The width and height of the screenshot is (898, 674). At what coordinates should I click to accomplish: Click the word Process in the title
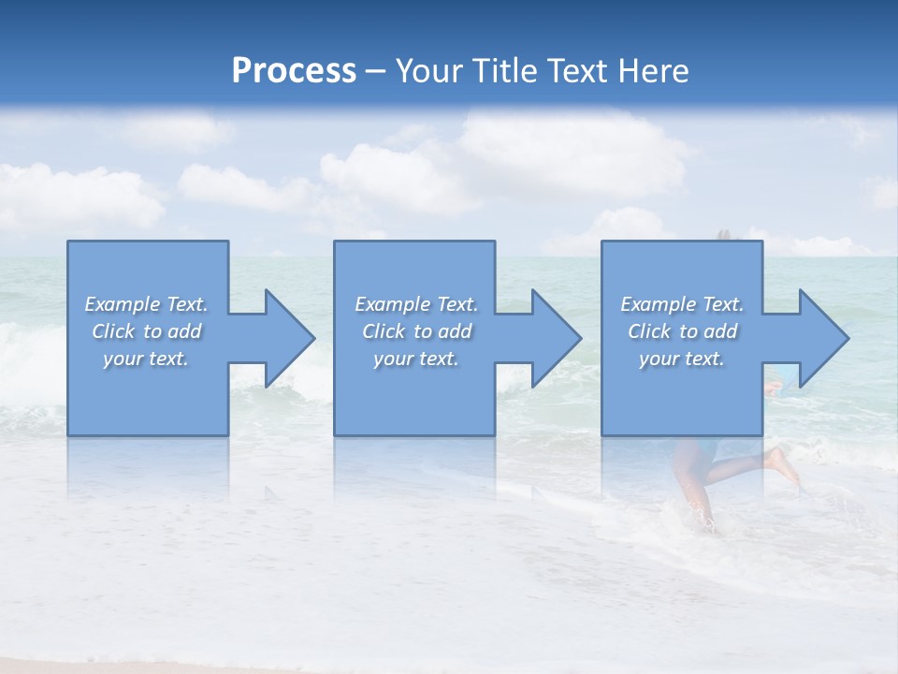click(294, 71)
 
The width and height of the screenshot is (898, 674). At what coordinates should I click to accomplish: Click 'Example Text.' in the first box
click(146, 304)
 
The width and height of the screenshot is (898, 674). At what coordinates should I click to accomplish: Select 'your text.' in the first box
click(146, 359)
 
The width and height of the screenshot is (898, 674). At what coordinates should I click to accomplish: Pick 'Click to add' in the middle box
click(416, 331)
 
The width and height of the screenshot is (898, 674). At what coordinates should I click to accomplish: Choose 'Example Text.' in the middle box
click(416, 304)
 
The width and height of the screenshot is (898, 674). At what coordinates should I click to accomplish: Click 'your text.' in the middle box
click(416, 359)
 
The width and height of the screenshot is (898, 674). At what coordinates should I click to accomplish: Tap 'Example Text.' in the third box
click(682, 304)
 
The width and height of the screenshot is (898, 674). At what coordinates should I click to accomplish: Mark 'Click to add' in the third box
click(682, 331)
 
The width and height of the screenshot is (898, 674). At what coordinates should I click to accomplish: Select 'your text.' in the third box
click(682, 359)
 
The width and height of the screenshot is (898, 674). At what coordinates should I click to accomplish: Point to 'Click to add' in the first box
click(146, 331)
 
